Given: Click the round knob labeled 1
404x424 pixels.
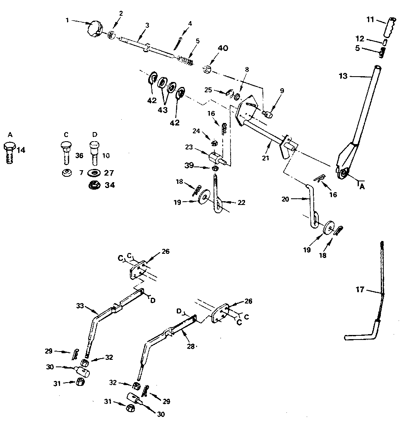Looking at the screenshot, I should coord(96,30).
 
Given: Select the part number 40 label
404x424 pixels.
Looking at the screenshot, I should coord(222,49).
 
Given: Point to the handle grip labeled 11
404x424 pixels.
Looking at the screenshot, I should coord(390,27).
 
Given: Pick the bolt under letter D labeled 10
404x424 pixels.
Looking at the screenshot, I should coord(94,153).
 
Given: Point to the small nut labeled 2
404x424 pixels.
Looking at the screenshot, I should coord(111,36).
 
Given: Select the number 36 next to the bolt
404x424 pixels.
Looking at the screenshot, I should coord(79,156).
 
